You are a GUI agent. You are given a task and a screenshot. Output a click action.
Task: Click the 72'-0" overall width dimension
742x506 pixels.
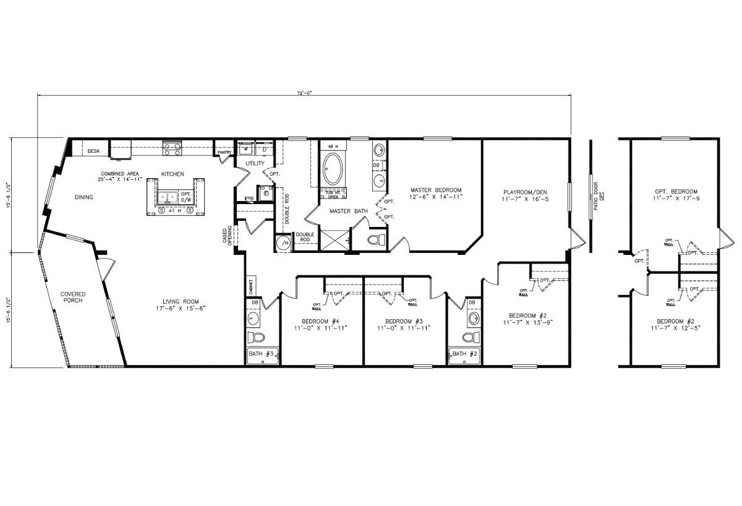304,92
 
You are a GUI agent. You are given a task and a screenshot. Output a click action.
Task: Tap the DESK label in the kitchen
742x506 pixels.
93,151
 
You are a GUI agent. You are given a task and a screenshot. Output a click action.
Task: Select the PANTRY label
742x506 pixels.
223,152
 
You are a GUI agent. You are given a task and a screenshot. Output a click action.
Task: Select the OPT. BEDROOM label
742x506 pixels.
676,191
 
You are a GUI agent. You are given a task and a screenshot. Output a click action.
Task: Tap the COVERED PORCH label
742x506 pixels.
72,297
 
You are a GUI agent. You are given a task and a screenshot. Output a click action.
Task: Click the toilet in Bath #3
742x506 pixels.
256,338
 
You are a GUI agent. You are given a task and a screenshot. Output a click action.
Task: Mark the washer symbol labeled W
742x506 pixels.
246,149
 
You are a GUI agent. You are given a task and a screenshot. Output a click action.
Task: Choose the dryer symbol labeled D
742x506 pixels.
264,149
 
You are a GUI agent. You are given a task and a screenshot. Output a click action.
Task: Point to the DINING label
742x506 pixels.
84,197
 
